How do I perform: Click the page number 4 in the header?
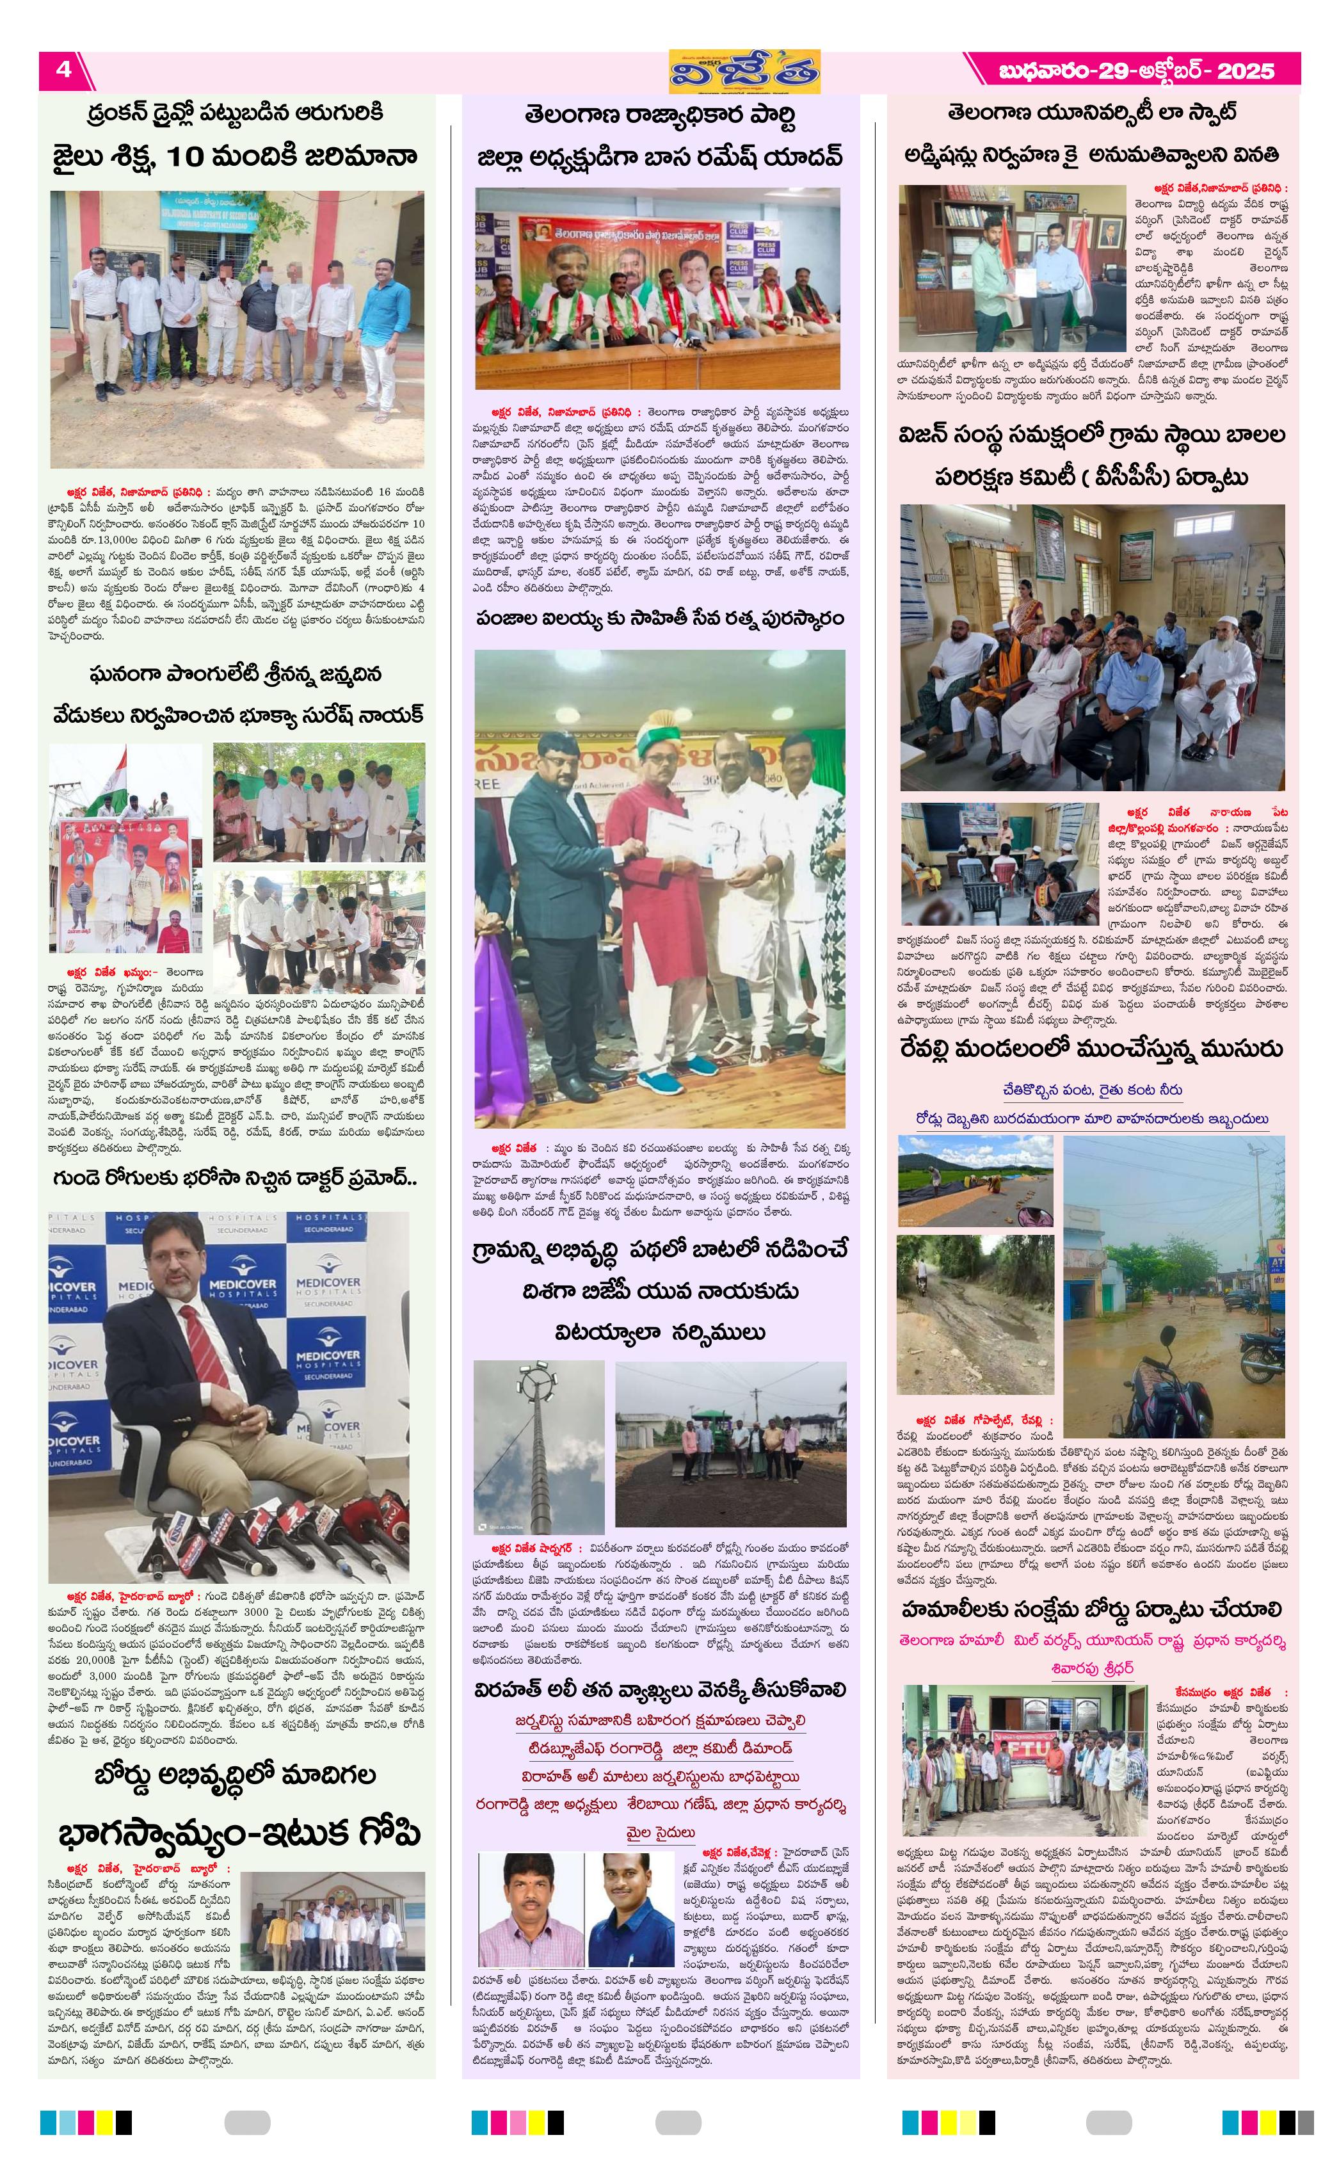coord(63,70)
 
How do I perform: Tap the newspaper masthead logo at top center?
coord(744,70)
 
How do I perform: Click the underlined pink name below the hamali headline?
coord(1092,1668)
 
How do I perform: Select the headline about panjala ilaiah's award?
coord(659,618)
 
